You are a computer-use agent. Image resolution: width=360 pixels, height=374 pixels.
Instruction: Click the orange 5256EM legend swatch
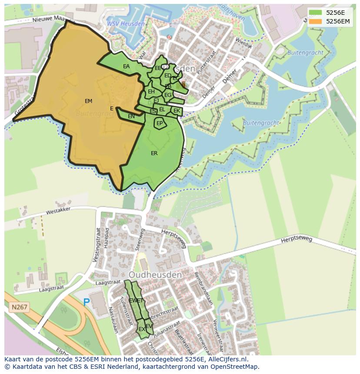pyautogui.click(x=316, y=21)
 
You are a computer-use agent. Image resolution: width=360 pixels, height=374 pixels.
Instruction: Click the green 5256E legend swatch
pyautogui.click(x=316, y=13)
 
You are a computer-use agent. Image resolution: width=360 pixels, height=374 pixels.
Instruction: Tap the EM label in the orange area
pyautogui.click(x=89, y=101)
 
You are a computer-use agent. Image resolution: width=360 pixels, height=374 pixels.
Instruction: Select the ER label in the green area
pyautogui.click(x=154, y=153)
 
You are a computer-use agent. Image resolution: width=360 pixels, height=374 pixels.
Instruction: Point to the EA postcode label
pyautogui.click(x=126, y=66)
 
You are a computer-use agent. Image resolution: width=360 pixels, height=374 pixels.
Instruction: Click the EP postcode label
pyautogui.click(x=160, y=123)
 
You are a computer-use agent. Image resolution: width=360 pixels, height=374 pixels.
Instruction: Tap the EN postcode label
pyautogui.click(x=131, y=116)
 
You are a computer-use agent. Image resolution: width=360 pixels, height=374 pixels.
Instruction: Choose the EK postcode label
pyautogui.click(x=177, y=111)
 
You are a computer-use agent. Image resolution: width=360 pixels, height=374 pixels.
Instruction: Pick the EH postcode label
pyautogui.click(x=151, y=92)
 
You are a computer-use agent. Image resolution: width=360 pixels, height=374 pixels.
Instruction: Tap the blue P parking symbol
pyautogui.click(x=87, y=302)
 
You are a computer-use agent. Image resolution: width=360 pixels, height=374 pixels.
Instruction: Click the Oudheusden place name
pyautogui.click(x=155, y=275)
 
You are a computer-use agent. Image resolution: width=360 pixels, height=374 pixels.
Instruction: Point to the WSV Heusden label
pyautogui.click(x=126, y=23)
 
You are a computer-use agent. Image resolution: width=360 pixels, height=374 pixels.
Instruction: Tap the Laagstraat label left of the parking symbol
pyautogui.click(x=51, y=288)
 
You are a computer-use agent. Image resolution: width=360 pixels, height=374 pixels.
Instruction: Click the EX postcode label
pyautogui.click(x=142, y=329)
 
